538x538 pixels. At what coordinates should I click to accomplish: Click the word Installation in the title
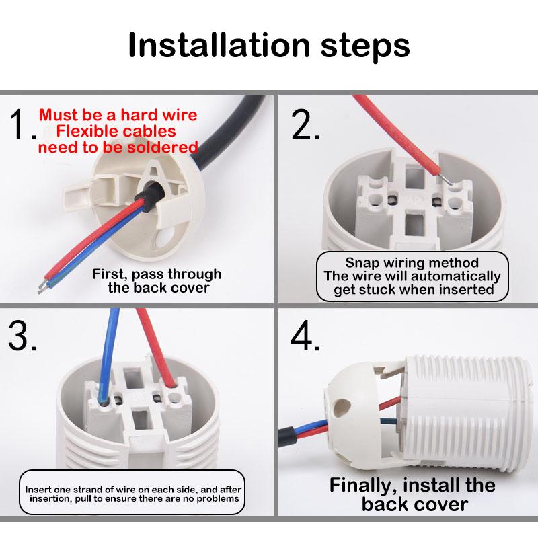[x=208, y=46]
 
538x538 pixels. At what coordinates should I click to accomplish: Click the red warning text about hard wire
[x=118, y=130]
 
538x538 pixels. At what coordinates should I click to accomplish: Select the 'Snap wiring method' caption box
[x=412, y=276]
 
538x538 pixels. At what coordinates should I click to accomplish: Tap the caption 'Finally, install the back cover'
[x=412, y=494]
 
